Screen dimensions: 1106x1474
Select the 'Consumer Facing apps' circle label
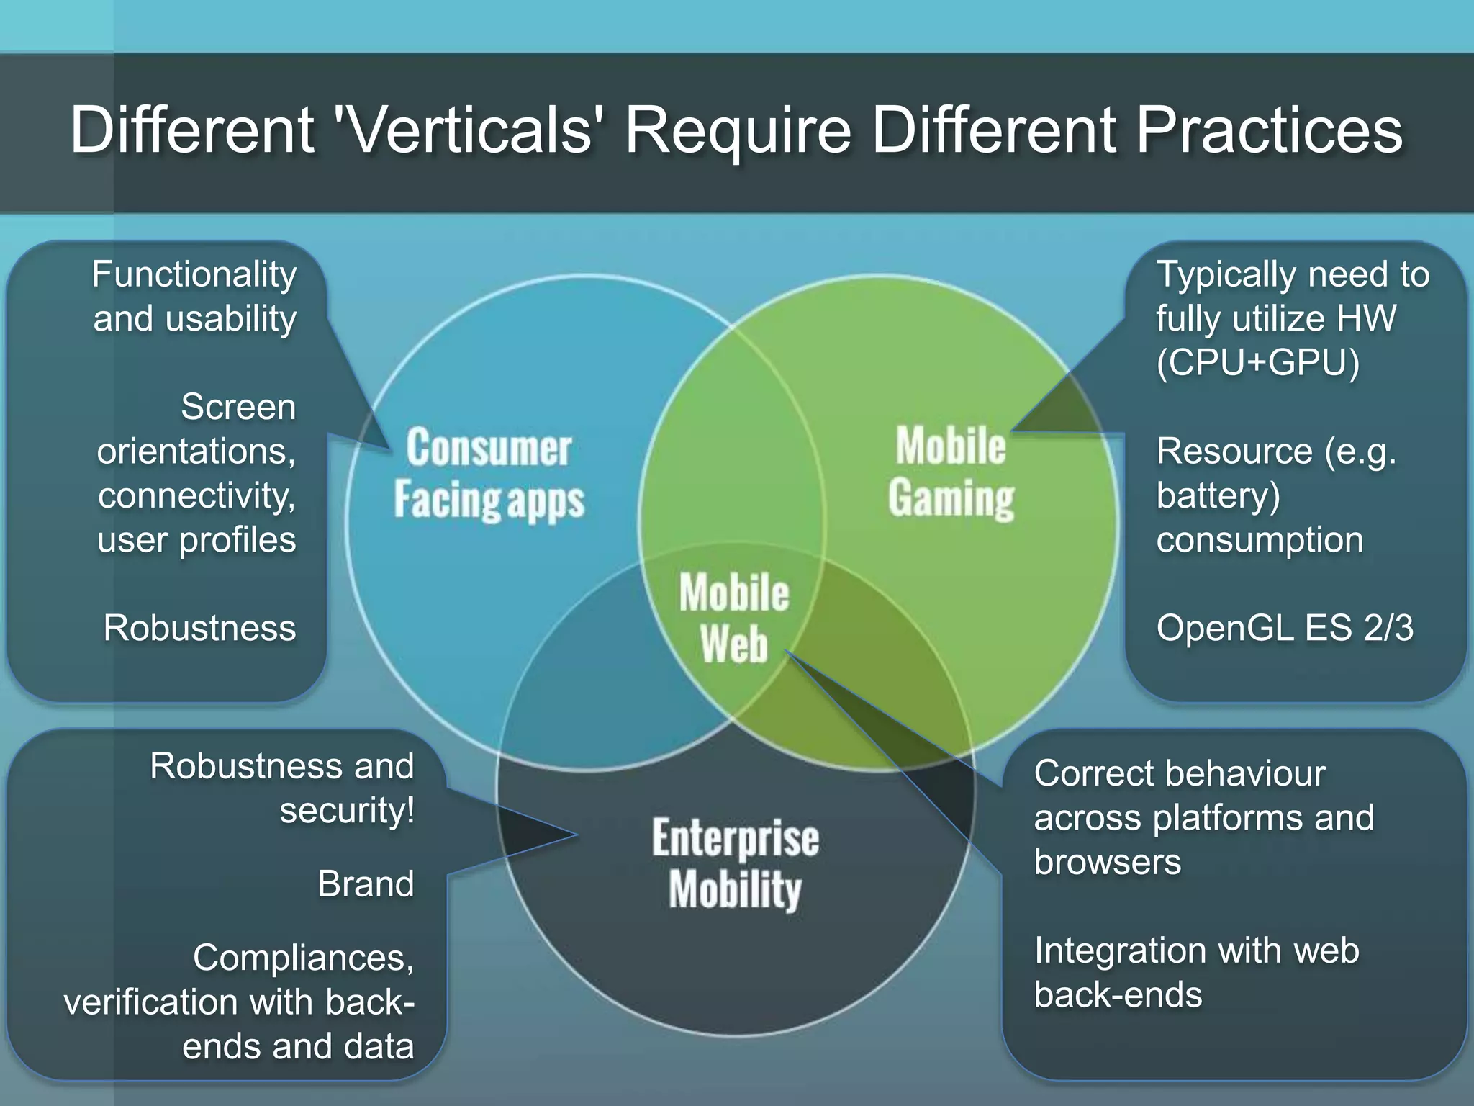(x=489, y=473)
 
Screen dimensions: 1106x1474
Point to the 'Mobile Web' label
(x=734, y=618)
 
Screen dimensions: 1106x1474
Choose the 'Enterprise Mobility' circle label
(x=735, y=863)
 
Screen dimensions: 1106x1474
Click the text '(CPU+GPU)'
(x=1257, y=362)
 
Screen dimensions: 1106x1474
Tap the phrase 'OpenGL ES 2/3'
(x=1285, y=628)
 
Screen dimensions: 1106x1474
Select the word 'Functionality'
(x=194, y=274)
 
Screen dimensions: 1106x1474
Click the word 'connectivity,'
(x=196, y=495)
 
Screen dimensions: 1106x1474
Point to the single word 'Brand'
(x=366, y=884)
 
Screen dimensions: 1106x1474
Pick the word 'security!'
(x=347, y=810)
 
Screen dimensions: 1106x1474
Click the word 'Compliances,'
(x=303, y=958)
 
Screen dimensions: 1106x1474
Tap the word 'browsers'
(x=1107, y=862)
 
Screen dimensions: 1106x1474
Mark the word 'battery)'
(x=1218, y=495)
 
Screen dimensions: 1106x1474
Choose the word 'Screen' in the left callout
(x=238, y=407)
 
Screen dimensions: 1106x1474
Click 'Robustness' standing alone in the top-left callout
(x=199, y=628)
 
